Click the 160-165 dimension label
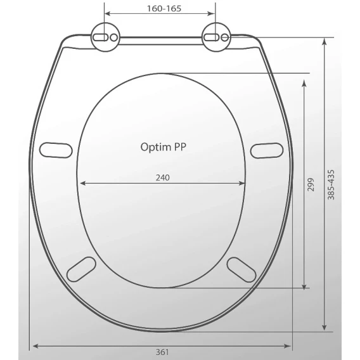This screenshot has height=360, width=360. (x=164, y=8)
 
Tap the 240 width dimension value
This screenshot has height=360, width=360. (x=163, y=177)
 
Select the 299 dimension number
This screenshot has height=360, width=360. (x=311, y=184)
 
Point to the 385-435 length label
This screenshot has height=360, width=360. (x=331, y=185)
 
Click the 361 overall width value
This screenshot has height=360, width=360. (x=162, y=352)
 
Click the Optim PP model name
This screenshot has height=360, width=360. (x=164, y=147)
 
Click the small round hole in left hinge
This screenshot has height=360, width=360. (x=114, y=37)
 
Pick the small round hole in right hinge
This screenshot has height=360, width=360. (x=225, y=37)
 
